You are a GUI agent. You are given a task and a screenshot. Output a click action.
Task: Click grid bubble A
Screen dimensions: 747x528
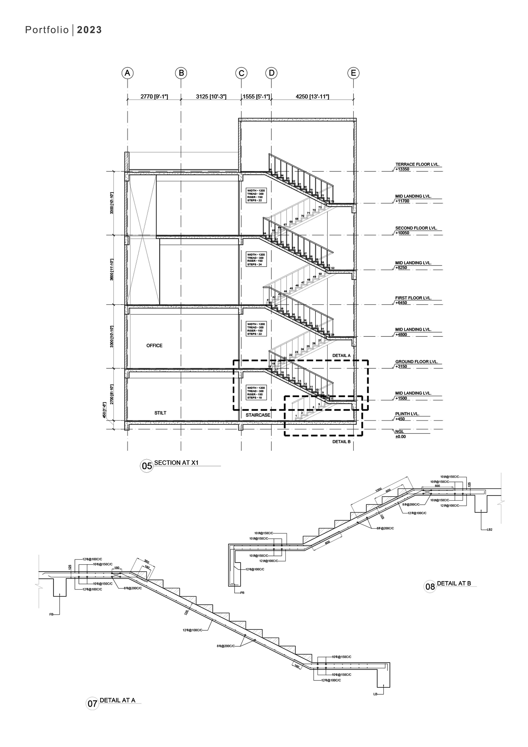[x=127, y=73]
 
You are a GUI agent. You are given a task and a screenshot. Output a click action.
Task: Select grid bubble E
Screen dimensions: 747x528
[x=353, y=73]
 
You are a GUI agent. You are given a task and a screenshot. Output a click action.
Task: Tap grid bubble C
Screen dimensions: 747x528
[x=241, y=73]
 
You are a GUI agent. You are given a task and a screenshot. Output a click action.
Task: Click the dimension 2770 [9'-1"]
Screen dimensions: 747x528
[x=154, y=97]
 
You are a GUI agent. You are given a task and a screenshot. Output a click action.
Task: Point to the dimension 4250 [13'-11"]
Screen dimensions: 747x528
[x=312, y=97]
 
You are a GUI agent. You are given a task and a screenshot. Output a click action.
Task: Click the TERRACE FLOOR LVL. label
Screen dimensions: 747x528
[x=417, y=164]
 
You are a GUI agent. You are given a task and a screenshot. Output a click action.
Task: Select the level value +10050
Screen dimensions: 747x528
[x=402, y=233]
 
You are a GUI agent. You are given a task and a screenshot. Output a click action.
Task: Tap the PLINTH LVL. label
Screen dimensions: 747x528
[x=407, y=414]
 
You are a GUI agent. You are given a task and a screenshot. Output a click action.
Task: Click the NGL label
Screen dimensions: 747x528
[x=400, y=431]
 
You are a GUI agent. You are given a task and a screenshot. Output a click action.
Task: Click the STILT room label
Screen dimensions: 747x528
[x=160, y=413]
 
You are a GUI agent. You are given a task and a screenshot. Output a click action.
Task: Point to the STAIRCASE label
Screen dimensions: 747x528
[x=258, y=415]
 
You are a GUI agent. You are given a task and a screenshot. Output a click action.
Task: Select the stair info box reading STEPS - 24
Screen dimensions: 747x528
[x=256, y=259]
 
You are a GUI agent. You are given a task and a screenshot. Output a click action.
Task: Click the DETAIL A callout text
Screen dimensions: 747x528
[x=341, y=356]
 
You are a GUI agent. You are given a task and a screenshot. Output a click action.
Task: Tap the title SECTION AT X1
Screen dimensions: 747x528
[x=176, y=463]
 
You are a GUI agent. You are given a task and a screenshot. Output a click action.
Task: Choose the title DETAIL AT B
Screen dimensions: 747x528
[x=454, y=583]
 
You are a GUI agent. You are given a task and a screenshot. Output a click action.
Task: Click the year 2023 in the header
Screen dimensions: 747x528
[x=89, y=30]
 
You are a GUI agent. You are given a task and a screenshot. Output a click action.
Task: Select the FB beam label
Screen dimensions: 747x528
[x=51, y=615]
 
